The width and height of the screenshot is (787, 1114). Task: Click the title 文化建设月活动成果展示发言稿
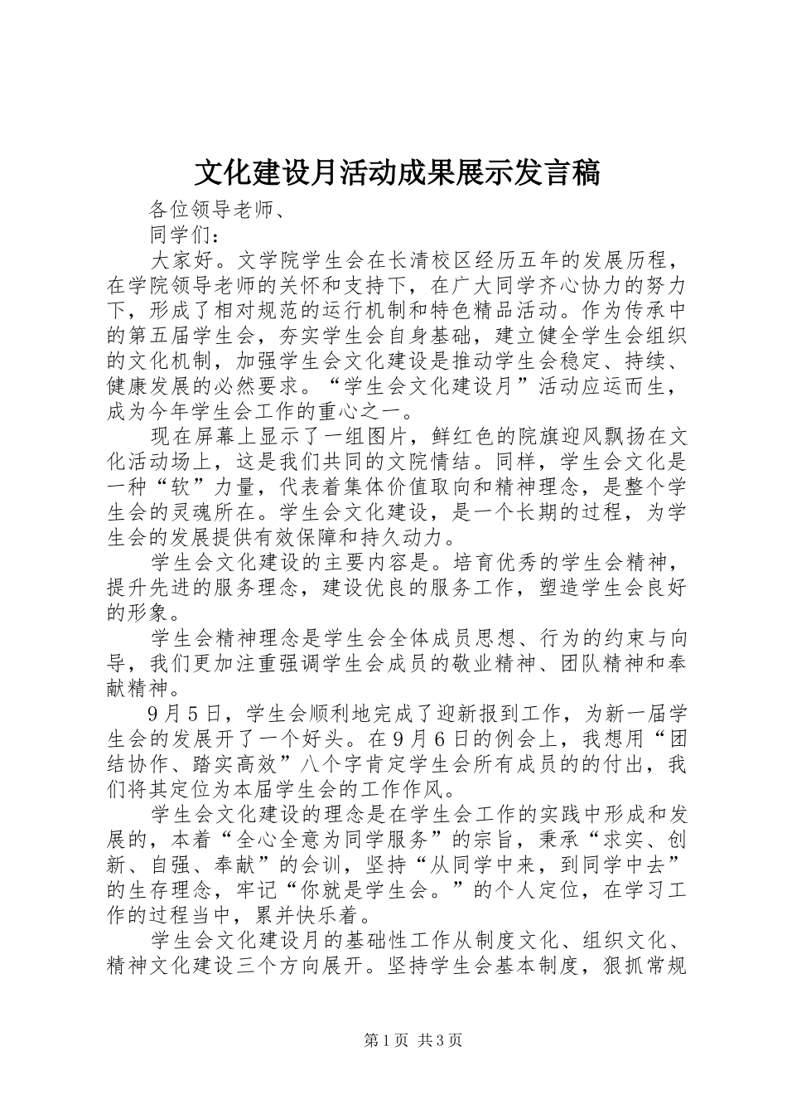397,172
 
